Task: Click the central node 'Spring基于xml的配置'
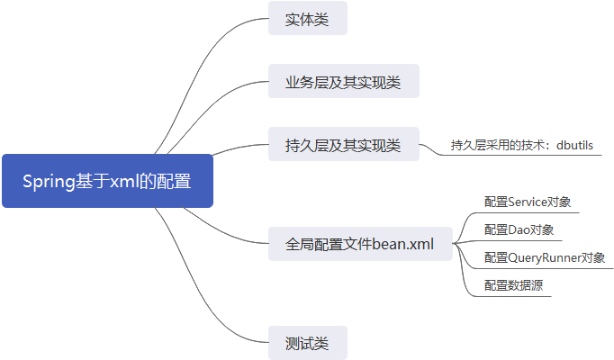(x=107, y=181)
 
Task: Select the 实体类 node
(x=307, y=19)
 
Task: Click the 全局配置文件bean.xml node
(x=360, y=244)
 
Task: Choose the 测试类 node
(x=307, y=343)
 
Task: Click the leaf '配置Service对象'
(x=528, y=202)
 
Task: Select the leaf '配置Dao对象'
(x=519, y=229)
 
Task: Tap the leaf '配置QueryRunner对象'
(x=544, y=257)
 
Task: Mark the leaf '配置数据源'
(x=512, y=285)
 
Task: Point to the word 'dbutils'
(x=574, y=144)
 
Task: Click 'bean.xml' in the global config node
(x=402, y=244)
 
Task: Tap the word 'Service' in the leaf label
(x=529, y=202)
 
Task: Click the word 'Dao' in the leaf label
(x=520, y=229)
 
